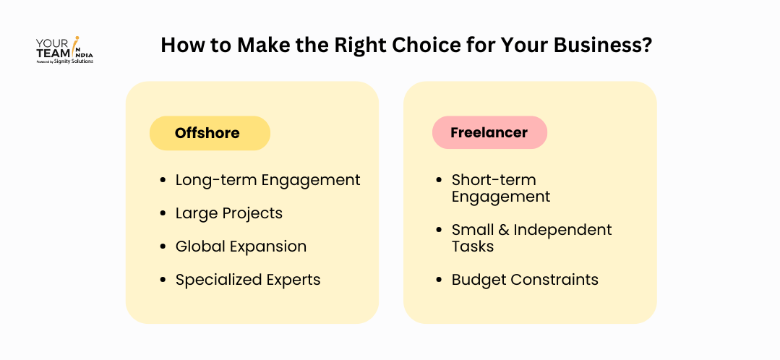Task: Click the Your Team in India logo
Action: click(x=64, y=50)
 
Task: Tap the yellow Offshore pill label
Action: click(x=210, y=133)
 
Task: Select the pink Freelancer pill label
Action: click(x=489, y=132)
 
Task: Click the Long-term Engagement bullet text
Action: click(x=267, y=180)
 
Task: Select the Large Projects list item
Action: click(x=229, y=213)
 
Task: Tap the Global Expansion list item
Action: click(x=241, y=247)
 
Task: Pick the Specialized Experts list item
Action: click(x=248, y=280)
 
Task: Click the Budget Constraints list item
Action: click(x=525, y=280)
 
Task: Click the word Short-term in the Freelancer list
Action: click(x=494, y=179)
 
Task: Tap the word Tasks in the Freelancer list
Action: click(x=473, y=246)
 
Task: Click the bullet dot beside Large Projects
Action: click(x=163, y=213)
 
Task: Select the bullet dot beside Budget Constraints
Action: click(x=438, y=280)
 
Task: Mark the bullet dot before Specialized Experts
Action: click(x=163, y=280)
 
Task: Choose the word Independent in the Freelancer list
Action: click(x=562, y=230)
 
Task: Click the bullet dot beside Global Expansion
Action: click(x=163, y=247)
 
